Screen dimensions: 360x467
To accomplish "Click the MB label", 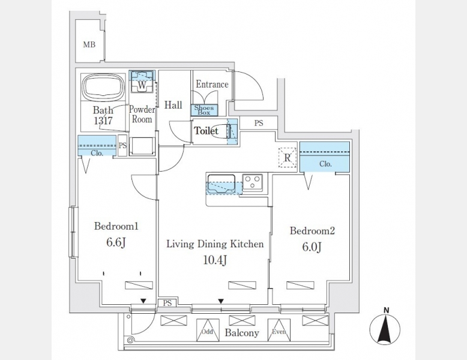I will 89,44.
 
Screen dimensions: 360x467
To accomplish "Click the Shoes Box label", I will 204,109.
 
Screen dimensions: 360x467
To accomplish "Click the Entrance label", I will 212,85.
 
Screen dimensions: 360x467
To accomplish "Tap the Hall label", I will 173,105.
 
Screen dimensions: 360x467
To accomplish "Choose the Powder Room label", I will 142,115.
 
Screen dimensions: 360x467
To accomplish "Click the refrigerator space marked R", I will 288,157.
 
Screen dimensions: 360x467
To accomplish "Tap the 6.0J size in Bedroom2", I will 312,247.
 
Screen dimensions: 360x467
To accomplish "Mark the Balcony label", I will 242,333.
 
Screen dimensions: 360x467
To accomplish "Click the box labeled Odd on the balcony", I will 207,331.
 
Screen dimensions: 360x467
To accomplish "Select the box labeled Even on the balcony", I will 279,331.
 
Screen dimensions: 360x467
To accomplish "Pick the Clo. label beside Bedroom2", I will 326,164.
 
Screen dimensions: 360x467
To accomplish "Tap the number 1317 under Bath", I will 103,120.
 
